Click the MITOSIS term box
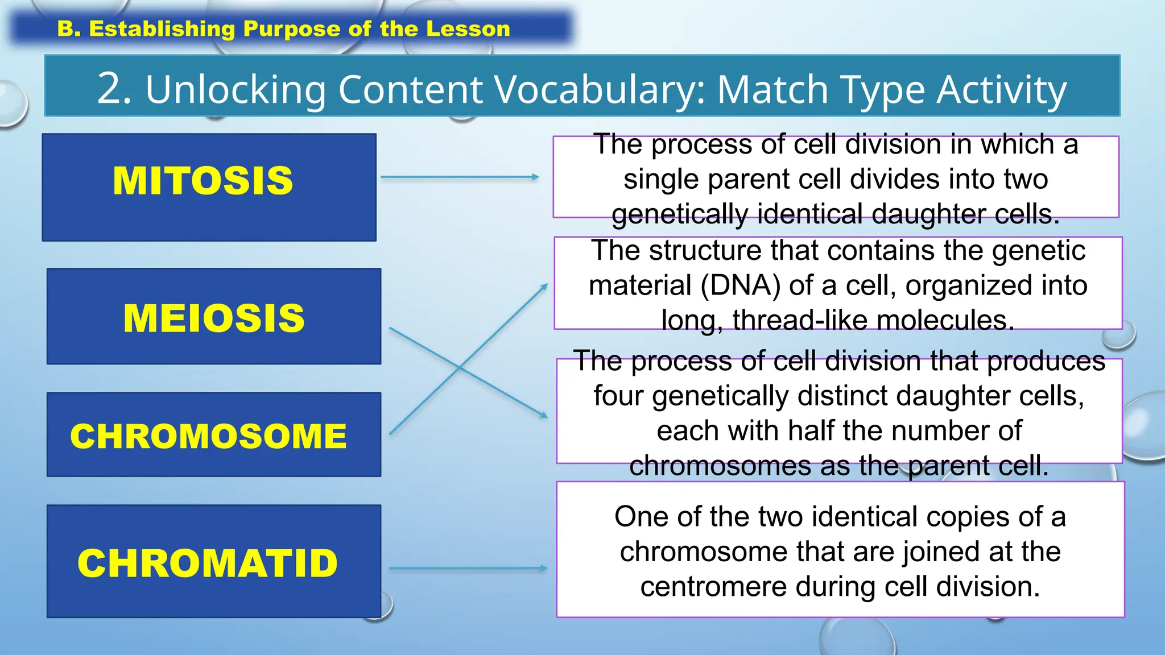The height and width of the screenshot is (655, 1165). [x=209, y=187]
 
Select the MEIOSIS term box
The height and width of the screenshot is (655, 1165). [x=214, y=316]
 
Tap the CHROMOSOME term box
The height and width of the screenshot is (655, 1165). [x=214, y=434]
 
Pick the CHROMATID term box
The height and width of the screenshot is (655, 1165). [x=214, y=561]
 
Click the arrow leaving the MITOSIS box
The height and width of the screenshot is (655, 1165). [x=459, y=177]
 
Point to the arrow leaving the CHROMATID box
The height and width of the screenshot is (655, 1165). [x=468, y=568]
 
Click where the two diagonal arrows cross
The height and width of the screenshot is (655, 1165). [x=460, y=368]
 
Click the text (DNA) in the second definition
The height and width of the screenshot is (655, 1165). [x=740, y=285]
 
